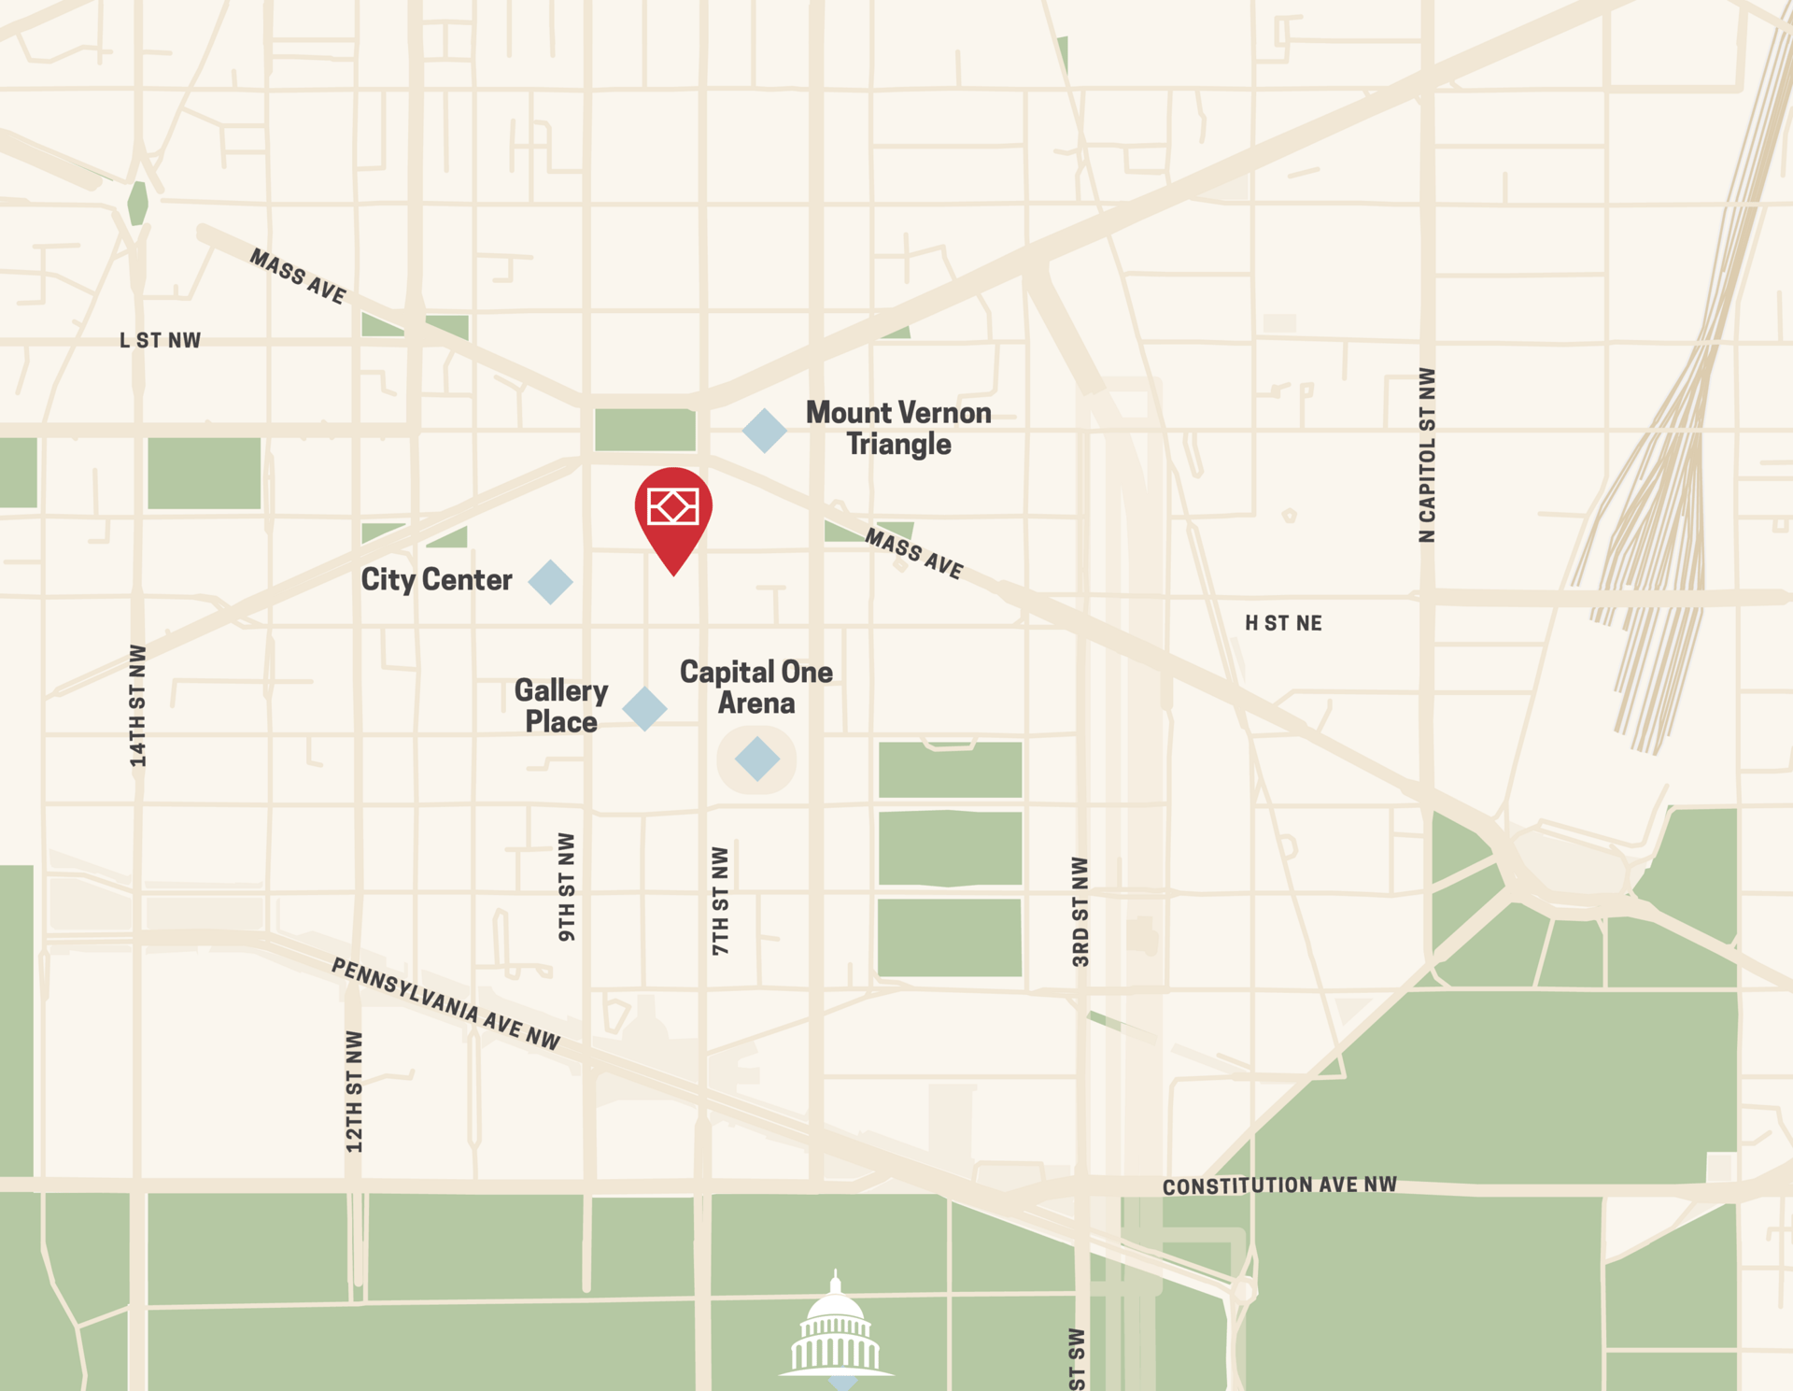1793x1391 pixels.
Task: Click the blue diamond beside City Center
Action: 550,582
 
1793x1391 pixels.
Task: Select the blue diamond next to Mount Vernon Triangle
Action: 765,431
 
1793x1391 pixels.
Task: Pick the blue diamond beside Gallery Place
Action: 644,708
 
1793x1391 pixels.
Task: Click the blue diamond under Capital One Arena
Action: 757,759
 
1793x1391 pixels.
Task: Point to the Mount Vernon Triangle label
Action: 898,428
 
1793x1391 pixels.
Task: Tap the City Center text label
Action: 436,580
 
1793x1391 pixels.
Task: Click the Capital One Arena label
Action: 756,687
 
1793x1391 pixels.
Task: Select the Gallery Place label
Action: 561,705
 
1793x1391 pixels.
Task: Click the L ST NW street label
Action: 160,341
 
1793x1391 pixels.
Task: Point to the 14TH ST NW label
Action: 138,705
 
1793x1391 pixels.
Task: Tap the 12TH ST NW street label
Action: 354,1091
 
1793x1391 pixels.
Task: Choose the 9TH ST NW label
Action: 567,887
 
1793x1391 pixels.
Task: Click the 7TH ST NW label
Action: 720,901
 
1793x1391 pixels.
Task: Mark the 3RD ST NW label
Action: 1080,911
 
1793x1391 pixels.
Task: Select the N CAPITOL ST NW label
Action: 1427,455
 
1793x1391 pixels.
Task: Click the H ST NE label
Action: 1283,623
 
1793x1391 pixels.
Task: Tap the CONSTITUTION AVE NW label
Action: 1279,1185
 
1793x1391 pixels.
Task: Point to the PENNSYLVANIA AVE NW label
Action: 445,1004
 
